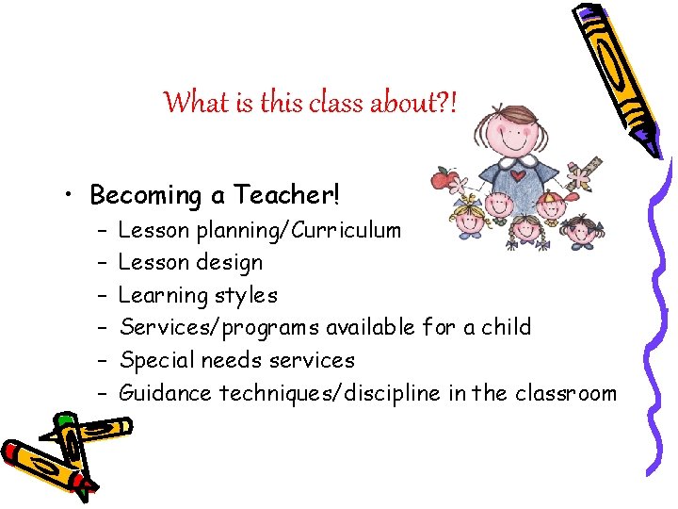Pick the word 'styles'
(247, 295)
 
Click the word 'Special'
(154, 360)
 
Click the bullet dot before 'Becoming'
(73, 197)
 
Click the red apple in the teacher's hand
(442, 178)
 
